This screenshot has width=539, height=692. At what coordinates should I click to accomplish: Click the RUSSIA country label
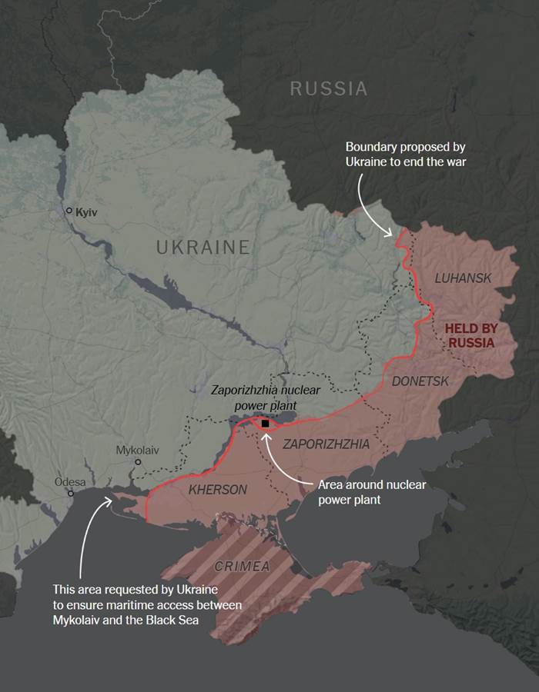click(x=329, y=88)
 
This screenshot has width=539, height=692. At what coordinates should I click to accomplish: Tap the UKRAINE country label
click(x=203, y=247)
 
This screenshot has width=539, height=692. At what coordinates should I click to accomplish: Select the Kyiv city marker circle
click(x=69, y=211)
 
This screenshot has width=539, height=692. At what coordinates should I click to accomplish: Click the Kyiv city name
click(x=89, y=211)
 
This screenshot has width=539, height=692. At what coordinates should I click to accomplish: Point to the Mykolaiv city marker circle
click(x=138, y=462)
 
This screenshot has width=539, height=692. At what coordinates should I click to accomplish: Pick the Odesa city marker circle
click(x=70, y=494)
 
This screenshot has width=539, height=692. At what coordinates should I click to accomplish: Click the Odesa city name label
click(x=70, y=482)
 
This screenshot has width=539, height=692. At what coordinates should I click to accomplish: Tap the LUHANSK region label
click(x=463, y=278)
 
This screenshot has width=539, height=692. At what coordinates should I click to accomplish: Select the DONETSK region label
click(x=420, y=381)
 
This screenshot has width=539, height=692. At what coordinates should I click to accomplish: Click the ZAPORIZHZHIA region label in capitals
click(x=326, y=444)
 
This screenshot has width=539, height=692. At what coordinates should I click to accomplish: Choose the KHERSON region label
click(x=218, y=490)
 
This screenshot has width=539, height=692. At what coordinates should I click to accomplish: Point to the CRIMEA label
click(x=243, y=567)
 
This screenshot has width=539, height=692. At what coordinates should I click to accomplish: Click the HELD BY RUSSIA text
click(x=470, y=335)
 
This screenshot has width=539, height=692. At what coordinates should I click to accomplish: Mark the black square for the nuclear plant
click(x=266, y=424)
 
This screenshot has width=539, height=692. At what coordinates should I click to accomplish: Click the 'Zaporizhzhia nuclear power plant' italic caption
click(x=266, y=398)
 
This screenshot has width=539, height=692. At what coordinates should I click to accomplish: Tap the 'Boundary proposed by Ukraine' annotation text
click(x=405, y=153)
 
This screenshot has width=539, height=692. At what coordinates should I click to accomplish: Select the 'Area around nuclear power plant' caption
click(x=372, y=492)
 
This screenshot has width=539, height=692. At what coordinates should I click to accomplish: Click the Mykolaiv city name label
click(x=138, y=450)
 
